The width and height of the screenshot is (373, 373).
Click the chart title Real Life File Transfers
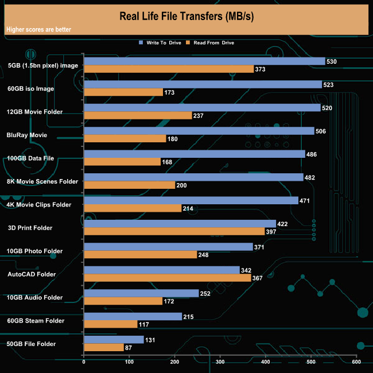click(186, 15)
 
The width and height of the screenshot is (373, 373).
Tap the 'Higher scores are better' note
click(39, 29)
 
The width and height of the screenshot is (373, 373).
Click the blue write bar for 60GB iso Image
click(203, 84)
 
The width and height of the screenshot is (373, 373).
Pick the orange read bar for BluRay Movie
click(125, 138)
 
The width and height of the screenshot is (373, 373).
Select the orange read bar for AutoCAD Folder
click(167, 278)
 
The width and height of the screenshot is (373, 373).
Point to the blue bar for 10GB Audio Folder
click(141, 293)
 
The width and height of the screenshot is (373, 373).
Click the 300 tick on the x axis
click(220, 362)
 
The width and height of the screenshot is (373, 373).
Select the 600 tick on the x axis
click(356, 362)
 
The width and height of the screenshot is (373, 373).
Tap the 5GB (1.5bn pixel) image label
click(43, 65)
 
